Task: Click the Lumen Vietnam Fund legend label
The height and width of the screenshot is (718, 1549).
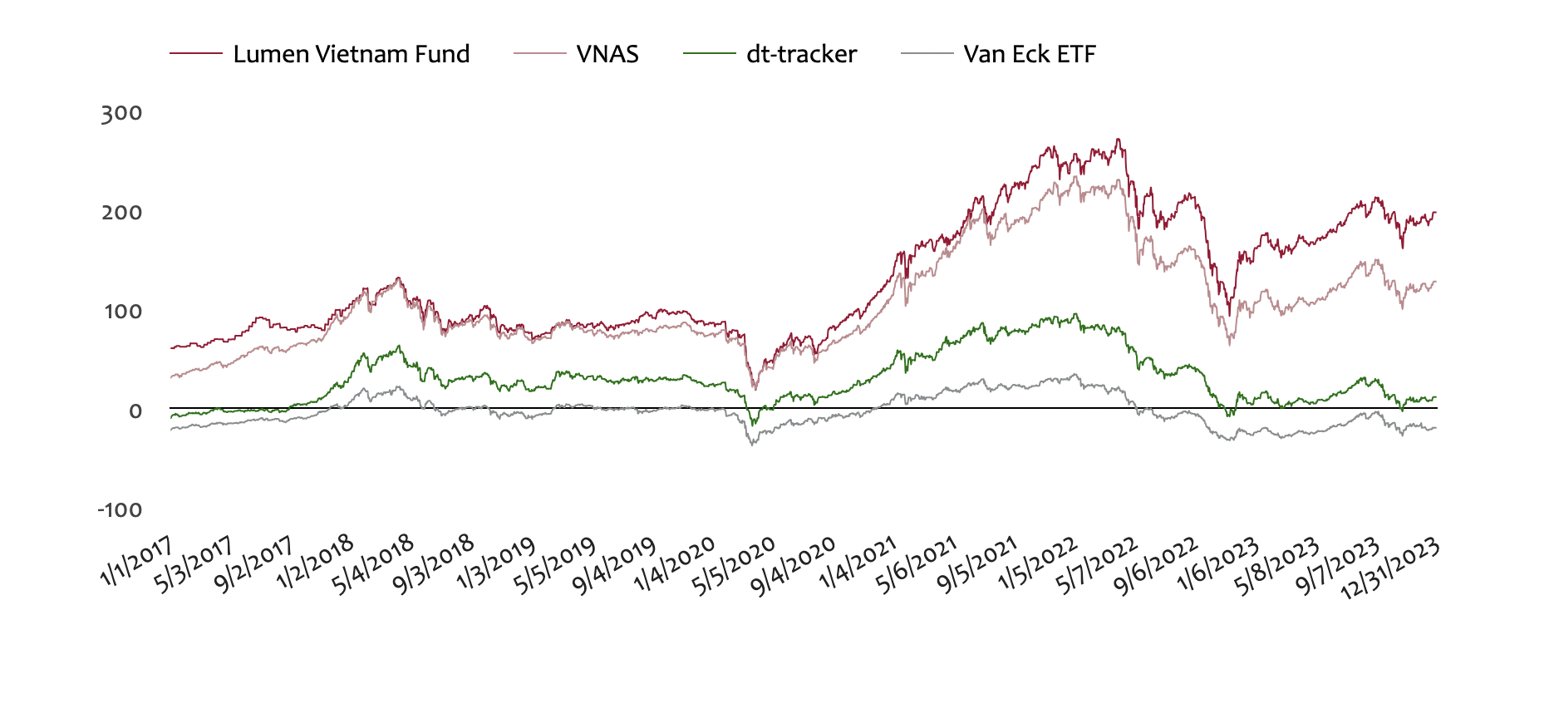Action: tap(351, 54)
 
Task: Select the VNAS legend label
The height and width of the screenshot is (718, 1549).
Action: tap(607, 54)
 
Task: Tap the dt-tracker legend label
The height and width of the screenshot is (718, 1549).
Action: tap(801, 54)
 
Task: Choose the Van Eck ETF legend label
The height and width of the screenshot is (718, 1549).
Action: tap(1030, 54)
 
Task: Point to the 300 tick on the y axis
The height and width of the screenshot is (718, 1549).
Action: tap(121, 113)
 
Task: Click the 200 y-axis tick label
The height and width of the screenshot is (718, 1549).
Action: tap(121, 213)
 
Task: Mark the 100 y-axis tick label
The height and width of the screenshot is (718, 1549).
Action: tap(121, 312)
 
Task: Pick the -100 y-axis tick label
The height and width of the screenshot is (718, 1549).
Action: tap(120, 509)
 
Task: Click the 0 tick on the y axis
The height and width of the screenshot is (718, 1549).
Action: tap(135, 411)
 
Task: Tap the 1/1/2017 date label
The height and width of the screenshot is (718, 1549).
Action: tap(136, 560)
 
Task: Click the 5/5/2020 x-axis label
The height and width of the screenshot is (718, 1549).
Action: tap(734, 565)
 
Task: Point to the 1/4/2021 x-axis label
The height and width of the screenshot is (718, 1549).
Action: tap(858, 562)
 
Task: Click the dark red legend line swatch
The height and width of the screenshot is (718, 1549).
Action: tap(196, 54)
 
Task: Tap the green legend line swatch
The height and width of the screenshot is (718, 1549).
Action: tap(709, 54)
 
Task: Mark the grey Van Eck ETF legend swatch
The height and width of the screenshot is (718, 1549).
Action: tap(927, 54)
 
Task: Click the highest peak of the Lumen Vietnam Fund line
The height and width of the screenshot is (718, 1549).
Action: tap(1118, 140)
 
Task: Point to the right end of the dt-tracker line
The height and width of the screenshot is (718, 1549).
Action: tap(1435, 397)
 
